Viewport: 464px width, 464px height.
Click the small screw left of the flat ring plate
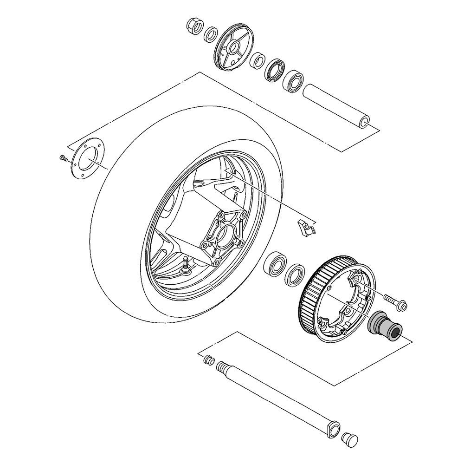coord(64,158)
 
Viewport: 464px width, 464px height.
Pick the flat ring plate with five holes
coord(86,157)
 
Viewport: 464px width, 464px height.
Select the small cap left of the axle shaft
coord(208,359)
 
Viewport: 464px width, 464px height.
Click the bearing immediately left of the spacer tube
coord(293,81)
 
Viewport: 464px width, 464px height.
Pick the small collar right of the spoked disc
coord(258,60)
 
